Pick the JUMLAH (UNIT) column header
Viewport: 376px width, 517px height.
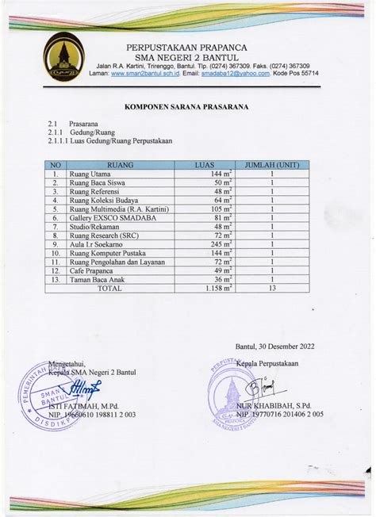[272, 165]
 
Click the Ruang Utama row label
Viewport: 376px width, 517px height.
[90, 174]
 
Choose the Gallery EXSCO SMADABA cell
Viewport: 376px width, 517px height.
[107, 217]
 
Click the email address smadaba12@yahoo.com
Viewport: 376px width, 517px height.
[235, 73]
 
